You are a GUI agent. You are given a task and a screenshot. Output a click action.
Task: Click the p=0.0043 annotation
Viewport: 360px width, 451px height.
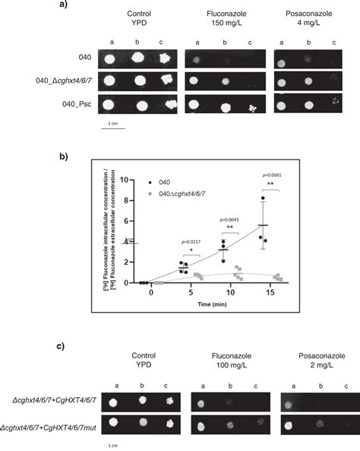click(x=232, y=218)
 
